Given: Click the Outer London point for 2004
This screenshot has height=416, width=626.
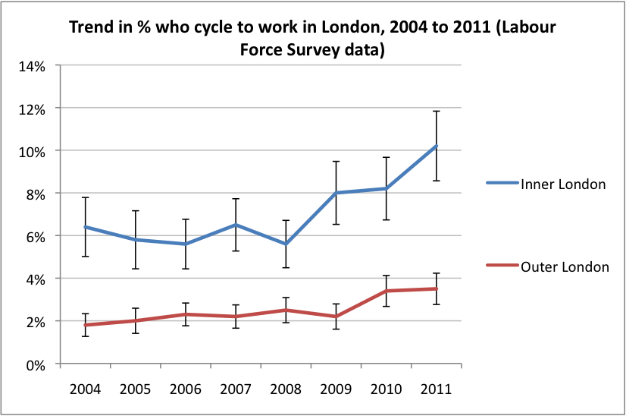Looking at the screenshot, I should pyautogui.click(x=85, y=325).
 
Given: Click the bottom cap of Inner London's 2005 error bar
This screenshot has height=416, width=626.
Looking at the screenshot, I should pyautogui.click(x=135, y=269).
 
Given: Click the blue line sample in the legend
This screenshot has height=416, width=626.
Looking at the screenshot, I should pyautogui.click(x=501, y=184).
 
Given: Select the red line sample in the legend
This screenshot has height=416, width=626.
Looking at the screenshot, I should pyautogui.click(x=501, y=266).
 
